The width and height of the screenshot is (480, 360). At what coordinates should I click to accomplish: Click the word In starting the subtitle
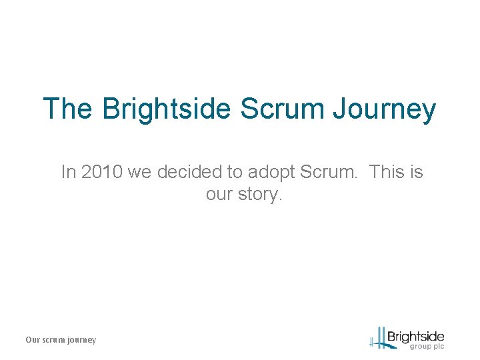pos(68,172)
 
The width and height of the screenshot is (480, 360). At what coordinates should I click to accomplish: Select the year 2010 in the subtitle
pos(101,172)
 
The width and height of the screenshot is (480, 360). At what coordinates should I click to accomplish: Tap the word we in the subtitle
pos(139,172)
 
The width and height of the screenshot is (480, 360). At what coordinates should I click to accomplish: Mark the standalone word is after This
pos(417,172)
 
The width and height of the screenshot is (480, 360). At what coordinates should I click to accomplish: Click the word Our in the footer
pos(33,340)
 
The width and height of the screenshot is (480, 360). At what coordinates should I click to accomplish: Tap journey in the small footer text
pos(83,340)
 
